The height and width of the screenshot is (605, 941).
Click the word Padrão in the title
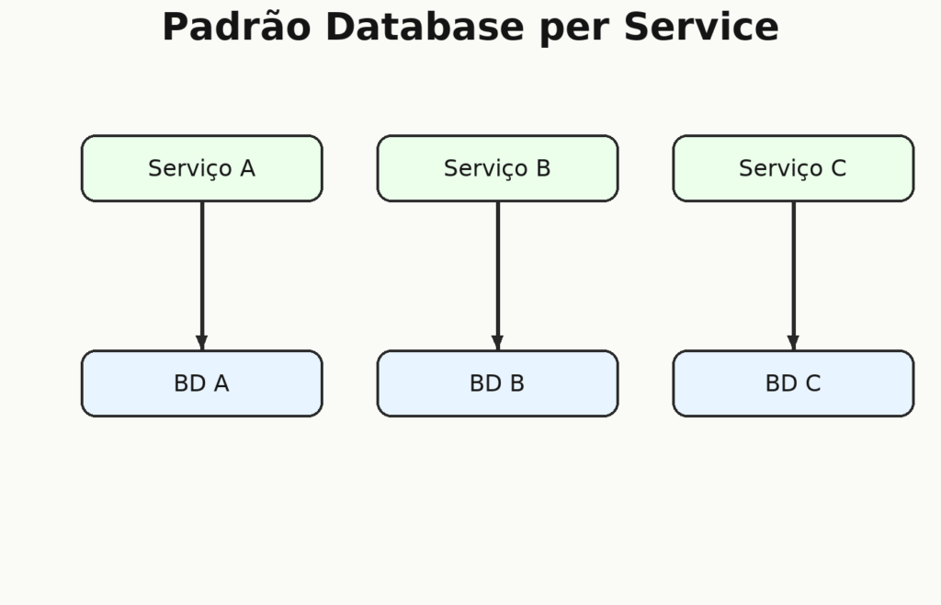(236, 27)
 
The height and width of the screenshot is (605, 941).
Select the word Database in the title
(425, 27)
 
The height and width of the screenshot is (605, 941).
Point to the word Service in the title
(701, 27)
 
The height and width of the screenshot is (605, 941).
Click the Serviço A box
(201, 168)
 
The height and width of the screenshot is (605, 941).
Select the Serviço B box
(497, 168)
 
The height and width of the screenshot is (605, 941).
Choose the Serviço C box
(793, 168)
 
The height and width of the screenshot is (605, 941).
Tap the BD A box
(201, 383)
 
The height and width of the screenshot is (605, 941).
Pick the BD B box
(497, 383)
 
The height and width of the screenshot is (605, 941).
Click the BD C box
(793, 383)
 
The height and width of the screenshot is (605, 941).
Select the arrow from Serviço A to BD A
(202, 276)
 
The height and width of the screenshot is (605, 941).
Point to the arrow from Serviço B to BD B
(497, 276)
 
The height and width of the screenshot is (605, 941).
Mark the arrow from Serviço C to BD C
(793, 276)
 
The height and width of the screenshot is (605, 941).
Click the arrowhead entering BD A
(202, 343)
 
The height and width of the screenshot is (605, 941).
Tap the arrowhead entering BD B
(497, 343)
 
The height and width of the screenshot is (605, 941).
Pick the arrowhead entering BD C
(793, 343)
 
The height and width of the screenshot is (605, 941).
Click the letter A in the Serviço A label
(248, 168)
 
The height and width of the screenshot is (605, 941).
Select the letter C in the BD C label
(813, 383)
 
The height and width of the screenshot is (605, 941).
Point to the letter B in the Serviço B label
(544, 168)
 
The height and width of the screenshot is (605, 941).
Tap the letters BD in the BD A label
(189, 383)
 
